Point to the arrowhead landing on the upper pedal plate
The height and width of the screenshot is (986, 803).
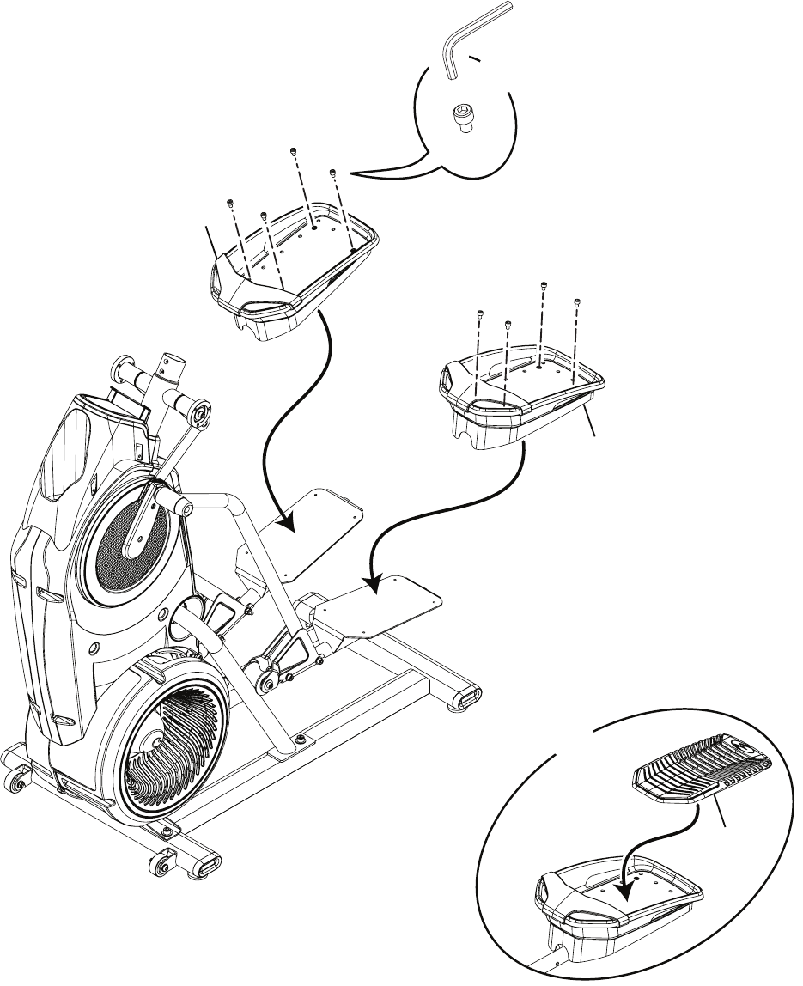pos(288,520)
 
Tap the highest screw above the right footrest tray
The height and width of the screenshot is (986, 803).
pos(543,285)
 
